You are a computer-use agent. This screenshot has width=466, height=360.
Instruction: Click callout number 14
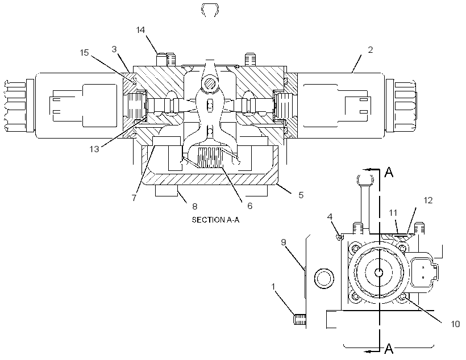(x=140, y=30)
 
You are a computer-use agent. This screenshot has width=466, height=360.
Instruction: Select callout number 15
(x=85, y=53)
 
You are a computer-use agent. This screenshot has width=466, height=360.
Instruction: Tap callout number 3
(x=114, y=49)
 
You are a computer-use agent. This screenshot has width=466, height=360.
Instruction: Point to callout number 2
(x=371, y=50)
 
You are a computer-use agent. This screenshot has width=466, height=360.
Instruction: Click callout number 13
(x=94, y=149)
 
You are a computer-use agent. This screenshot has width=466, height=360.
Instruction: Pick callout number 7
(x=134, y=198)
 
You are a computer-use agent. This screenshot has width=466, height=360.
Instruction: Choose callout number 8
(x=195, y=206)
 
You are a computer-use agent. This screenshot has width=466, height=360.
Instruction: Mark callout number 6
(x=249, y=206)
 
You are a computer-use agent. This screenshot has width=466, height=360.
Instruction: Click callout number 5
(x=301, y=195)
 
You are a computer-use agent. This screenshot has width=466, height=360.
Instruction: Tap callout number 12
(x=428, y=200)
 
